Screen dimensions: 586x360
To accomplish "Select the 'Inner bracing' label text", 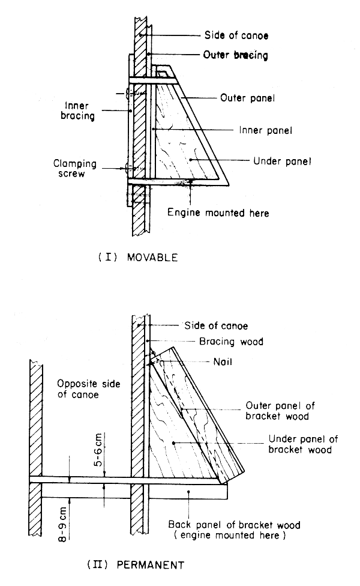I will tap(79, 110).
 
